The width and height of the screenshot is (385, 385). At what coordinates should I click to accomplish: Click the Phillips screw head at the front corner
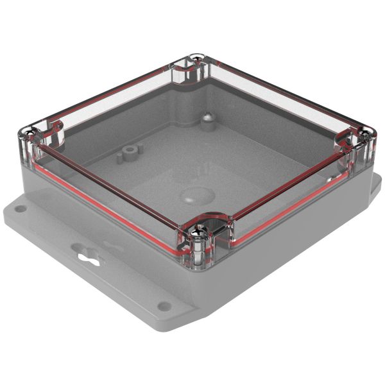[x=204, y=228]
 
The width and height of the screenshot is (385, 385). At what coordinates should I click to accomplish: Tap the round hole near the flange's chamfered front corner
[x=164, y=306]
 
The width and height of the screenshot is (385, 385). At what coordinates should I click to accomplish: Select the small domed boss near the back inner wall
[x=207, y=118]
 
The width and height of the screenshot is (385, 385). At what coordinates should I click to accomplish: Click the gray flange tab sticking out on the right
[x=375, y=186]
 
